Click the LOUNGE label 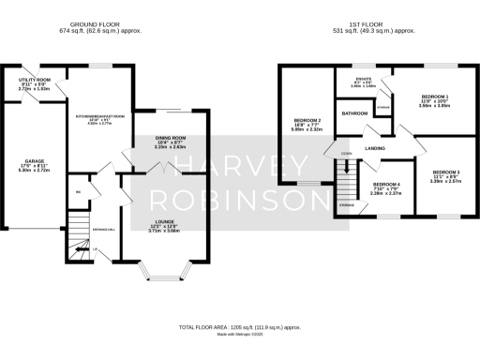click(165, 223)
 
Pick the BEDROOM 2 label click(308, 121)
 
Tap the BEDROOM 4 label click(386, 184)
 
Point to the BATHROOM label click(354, 113)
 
